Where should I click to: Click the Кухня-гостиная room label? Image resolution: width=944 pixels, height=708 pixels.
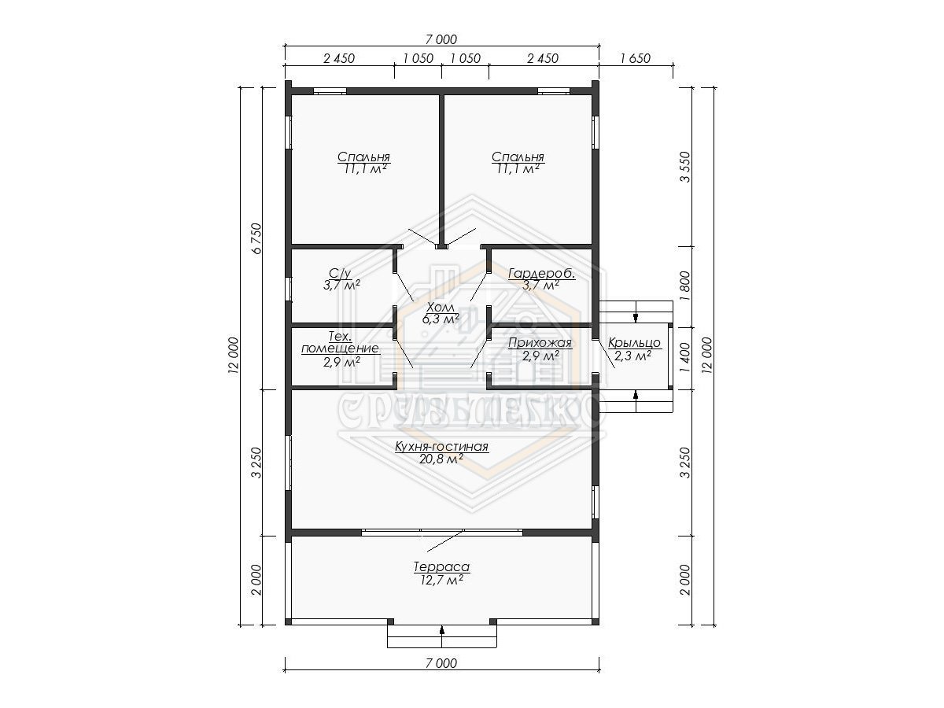tap(441, 447)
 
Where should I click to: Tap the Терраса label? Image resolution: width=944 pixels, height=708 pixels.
tap(441, 566)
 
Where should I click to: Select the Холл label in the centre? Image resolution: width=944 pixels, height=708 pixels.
tap(440, 308)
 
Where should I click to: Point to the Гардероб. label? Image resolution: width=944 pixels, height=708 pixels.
tap(541, 274)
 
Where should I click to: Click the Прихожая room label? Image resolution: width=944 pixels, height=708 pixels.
tap(540, 343)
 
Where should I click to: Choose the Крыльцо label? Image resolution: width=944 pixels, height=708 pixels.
tap(634, 343)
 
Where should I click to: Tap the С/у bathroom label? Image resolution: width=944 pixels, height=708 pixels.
tap(340, 273)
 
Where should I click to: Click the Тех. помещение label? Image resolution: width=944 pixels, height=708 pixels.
tap(340, 342)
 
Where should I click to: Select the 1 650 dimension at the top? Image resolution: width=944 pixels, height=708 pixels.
tap(635, 58)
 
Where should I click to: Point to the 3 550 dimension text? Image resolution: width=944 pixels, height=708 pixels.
tap(685, 167)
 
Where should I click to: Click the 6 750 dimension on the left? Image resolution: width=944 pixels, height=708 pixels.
tap(256, 238)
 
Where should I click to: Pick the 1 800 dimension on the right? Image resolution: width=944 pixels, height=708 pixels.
tap(685, 286)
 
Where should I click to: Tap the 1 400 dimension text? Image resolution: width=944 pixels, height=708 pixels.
tap(685, 358)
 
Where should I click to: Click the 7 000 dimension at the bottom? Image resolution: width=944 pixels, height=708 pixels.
tap(441, 663)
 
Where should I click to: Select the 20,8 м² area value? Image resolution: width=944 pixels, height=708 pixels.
tap(441, 459)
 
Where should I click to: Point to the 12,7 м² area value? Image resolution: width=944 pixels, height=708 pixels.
tap(441, 581)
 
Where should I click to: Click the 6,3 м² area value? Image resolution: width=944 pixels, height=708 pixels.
tap(441, 319)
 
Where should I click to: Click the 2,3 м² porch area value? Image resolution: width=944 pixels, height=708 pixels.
tap(632, 356)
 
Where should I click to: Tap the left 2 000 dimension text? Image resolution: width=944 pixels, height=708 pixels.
tap(256, 580)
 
